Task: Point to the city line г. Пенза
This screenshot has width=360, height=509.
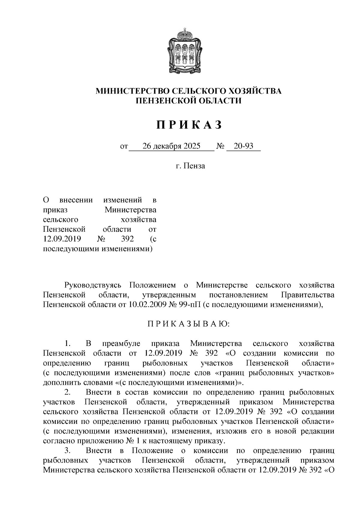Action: (190, 165)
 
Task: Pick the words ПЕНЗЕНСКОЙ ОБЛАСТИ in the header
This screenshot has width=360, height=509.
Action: (189, 101)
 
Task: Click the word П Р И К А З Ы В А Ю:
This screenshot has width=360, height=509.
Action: (188, 324)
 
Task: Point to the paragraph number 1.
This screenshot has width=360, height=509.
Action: (67, 344)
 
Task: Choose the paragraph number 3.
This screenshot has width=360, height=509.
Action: (67, 451)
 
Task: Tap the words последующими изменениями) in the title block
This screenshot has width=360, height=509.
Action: (98, 249)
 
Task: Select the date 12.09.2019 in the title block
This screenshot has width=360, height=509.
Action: (62, 239)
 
